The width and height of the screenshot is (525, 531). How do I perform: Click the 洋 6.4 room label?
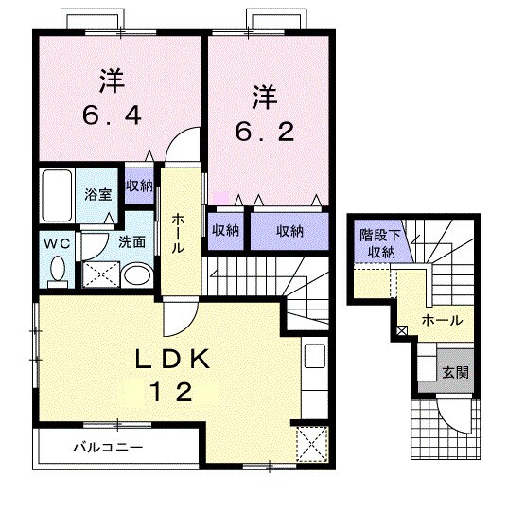click(112, 97)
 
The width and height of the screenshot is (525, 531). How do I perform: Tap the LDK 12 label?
click(172, 375)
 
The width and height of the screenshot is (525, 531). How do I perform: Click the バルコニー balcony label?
click(108, 448)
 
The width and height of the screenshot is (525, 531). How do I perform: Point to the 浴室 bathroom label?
click(97, 194)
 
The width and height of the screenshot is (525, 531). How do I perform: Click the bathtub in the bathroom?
click(57, 195)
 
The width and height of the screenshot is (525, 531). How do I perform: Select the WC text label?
click(57, 243)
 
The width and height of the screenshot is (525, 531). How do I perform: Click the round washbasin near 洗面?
click(137, 274)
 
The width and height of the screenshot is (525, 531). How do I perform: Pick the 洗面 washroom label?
click(131, 242)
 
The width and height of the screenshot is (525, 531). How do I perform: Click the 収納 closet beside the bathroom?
click(139, 186)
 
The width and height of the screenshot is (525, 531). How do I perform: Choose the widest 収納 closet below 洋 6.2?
click(289, 231)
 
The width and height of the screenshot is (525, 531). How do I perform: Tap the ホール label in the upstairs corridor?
click(178, 234)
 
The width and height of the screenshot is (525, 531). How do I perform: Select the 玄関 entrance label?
click(456, 373)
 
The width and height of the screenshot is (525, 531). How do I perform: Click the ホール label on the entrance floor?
click(442, 320)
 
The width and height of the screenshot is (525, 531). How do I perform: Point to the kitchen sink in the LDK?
click(314, 356)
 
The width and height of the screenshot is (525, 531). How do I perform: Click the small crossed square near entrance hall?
click(402, 330)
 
